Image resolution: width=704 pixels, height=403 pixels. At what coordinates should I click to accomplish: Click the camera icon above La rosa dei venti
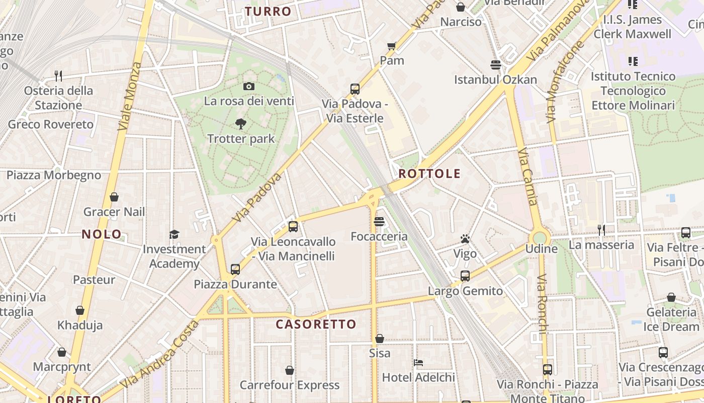point(248,87)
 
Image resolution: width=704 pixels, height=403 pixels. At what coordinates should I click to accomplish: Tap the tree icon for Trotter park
point(241,123)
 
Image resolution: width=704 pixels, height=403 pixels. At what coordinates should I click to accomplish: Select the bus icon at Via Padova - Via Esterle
point(355,89)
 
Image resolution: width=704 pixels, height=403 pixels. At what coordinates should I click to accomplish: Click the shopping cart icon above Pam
point(392,46)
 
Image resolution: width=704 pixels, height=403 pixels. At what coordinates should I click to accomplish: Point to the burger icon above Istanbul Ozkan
point(496,65)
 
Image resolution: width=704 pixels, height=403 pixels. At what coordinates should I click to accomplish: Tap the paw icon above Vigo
point(465,239)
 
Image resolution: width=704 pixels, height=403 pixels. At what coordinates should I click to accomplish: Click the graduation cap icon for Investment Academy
point(174,234)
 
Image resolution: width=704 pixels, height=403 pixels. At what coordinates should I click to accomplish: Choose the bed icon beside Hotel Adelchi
point(418,362)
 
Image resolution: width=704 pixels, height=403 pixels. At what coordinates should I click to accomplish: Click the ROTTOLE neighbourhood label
point(429,174)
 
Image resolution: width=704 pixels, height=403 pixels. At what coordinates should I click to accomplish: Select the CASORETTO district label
point(316,324)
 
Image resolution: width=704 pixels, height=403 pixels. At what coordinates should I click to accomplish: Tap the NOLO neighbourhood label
point(102,234)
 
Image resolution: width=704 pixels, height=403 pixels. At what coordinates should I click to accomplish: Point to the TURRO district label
point(268,12)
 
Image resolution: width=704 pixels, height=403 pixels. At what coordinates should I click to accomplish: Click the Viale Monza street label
point(130,97)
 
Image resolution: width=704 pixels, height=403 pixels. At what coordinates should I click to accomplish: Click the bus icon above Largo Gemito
point(465,276)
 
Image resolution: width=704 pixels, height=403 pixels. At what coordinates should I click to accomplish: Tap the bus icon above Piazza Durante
point(235,270)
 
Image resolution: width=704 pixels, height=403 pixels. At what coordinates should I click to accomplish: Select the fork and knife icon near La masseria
point(601,230)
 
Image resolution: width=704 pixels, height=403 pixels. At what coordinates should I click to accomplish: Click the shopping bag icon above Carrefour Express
point(290,370)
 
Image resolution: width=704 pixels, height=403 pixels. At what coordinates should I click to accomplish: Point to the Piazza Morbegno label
point(54,175)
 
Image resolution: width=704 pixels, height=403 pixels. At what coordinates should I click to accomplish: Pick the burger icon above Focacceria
point(379,222)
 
